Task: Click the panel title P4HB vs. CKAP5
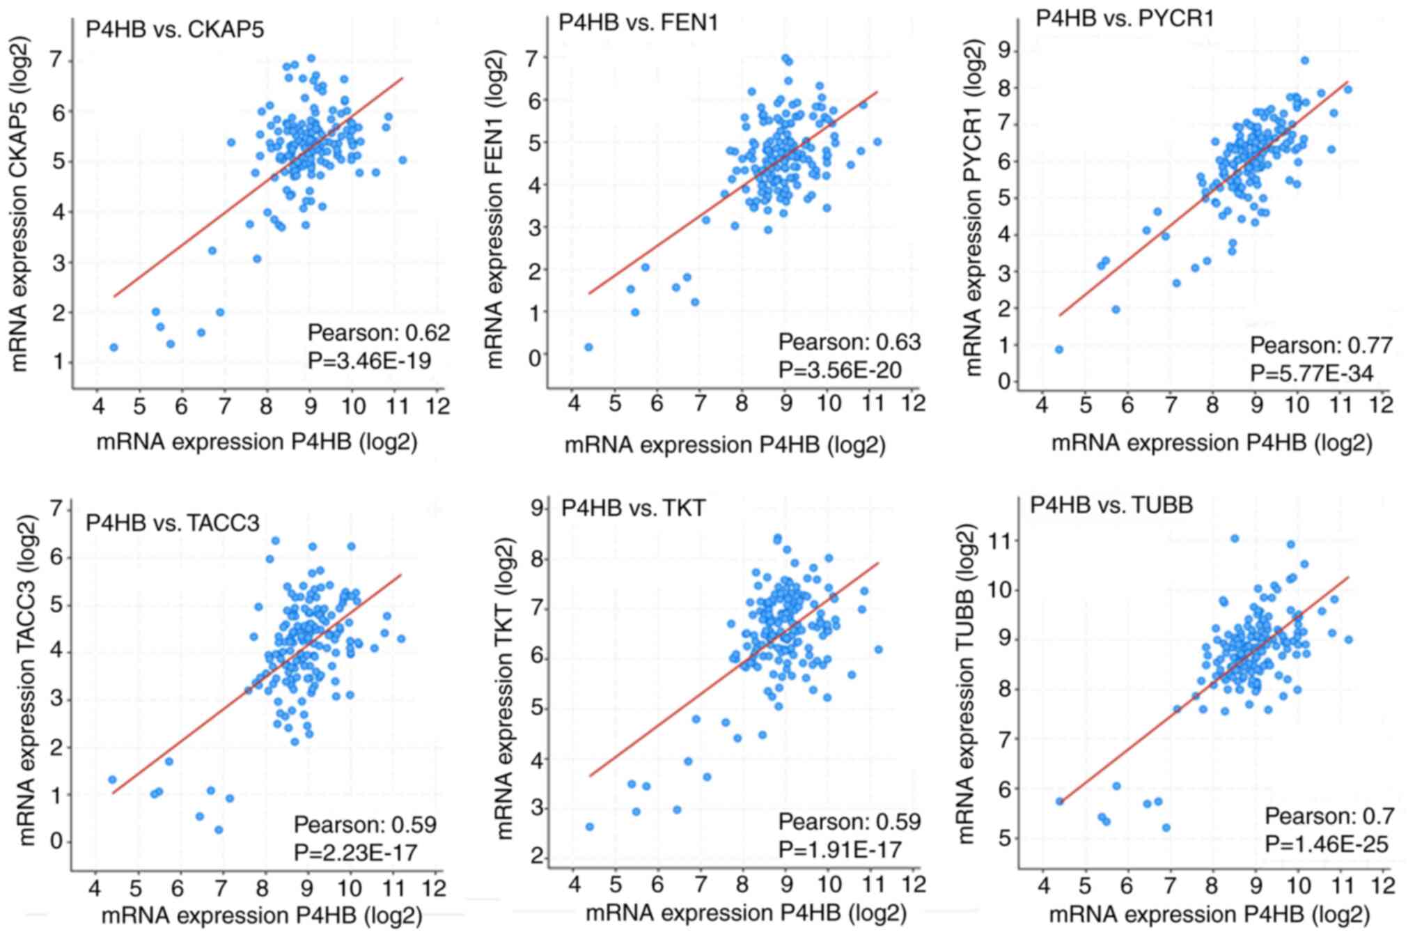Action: pos(175,29)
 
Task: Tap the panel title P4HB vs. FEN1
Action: pos(638,22)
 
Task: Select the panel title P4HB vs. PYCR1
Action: pos(1125,18)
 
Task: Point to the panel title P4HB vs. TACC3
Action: pos(172,522)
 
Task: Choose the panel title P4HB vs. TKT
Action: pos(633,508)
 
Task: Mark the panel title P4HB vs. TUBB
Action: pos(1111,504)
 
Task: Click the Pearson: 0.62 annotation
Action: pos(378,333)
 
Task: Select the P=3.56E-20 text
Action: pos(839,370)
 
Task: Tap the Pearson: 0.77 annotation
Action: pos(1320,346)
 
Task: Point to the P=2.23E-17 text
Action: pos(355,852)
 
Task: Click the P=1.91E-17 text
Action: pos(839,850)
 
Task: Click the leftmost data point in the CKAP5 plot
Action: pos(114,347)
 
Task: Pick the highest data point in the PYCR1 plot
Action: pos(1304,61)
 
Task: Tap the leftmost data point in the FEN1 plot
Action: pos(588,347)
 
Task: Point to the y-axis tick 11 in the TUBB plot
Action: pos(1003,541)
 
